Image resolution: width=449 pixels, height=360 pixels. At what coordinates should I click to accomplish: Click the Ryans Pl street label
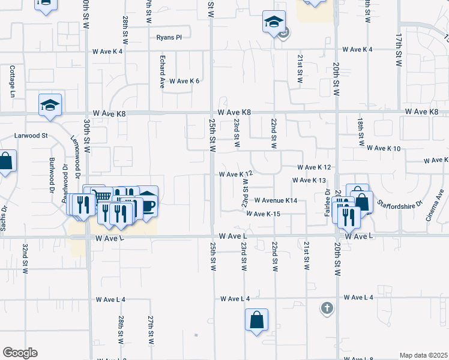click(x=169, y=37)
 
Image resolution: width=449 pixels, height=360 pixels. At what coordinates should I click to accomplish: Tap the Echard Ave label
click(x=162, y=73)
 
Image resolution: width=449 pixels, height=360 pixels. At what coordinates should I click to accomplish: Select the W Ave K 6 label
click(x=184, y=81)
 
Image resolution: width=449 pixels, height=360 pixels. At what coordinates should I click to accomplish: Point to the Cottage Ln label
click(x=11, y=81)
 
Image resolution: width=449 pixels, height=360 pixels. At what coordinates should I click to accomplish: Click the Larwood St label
click(x=31, y=136)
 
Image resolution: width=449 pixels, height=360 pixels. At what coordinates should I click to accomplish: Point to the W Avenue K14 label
click(x=276, y=200)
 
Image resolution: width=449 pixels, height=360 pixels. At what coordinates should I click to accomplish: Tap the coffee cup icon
click(x=148, y=205)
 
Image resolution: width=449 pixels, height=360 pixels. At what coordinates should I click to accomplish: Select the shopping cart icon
click(x=103, y=196)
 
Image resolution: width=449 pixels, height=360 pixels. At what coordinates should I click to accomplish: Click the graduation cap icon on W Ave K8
click(x=50, y=105)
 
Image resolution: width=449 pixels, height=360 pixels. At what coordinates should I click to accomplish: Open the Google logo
click(x=20, y=353)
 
